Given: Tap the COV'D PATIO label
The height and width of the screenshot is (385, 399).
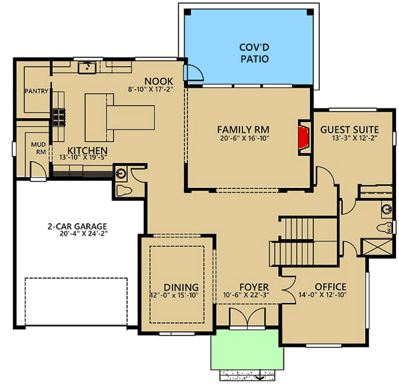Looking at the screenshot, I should tap(254, 53).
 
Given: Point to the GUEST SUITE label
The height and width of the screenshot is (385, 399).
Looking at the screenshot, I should tap(349, 128).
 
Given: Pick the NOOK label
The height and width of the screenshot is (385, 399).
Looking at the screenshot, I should tap(155, 80).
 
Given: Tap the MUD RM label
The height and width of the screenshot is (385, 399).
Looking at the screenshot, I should tap(38, 149).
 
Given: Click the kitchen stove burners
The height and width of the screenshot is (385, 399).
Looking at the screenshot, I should tap(59, 116).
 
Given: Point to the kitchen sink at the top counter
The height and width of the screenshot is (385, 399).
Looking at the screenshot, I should tap(87, 68).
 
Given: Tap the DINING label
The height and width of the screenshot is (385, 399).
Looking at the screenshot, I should tap(181, 287).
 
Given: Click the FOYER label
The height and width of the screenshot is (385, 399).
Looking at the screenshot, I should tap(249, 286).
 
